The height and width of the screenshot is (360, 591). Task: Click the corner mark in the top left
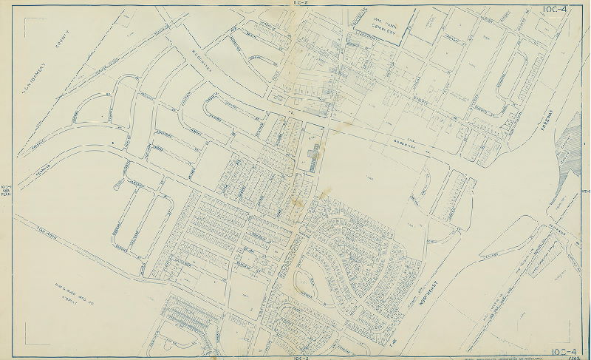29,21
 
